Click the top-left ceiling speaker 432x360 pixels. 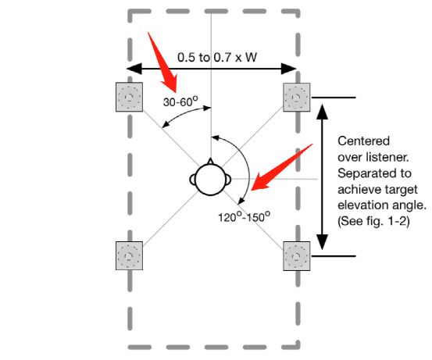tap(129, 97)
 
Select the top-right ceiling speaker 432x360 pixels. tap(297, 98)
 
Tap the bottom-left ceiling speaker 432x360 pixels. tap(129, 255)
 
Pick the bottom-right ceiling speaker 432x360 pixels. tap(297, 256)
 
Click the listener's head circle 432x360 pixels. tap(210, 180)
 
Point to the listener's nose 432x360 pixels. tap(210, 162)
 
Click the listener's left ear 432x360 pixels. tap(193, 180)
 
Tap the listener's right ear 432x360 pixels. tap(228, 180)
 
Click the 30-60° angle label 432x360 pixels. tap(180, 102)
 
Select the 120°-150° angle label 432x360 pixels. tap(244, 217)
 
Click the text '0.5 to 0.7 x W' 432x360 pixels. tap(217, 57)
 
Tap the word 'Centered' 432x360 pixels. tap(364, 141)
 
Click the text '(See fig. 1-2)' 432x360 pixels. tap(373, 221)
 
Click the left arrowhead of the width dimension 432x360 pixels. tap(134, 69)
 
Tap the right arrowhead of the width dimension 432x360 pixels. tap(289, 69)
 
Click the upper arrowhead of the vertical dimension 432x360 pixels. tap(322, 112)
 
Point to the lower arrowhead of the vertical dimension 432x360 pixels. tap(322, 242)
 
